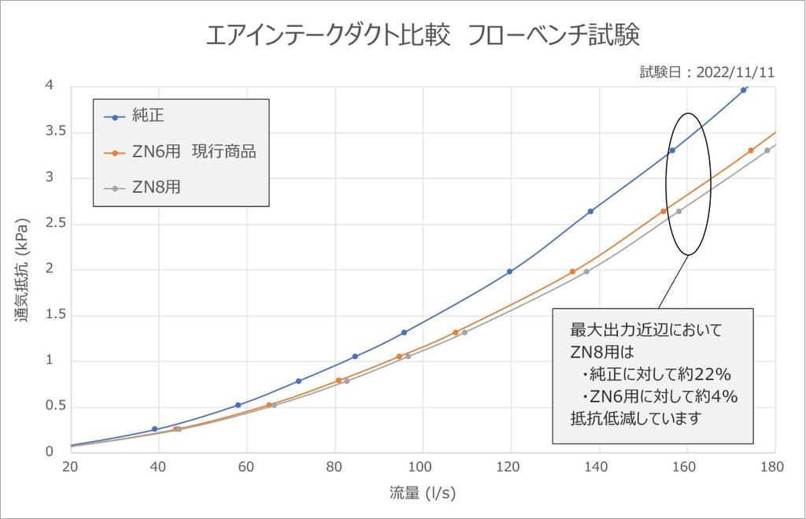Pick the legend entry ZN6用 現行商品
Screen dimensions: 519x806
194,152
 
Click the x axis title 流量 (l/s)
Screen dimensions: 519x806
423,494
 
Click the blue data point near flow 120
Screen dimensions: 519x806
509,272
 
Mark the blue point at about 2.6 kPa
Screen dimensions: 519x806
590,211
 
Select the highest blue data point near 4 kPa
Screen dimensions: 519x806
744,90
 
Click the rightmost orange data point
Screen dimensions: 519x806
751,150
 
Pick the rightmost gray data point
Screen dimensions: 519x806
767,150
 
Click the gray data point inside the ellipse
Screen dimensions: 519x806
678,211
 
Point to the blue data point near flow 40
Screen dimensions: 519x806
154,429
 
